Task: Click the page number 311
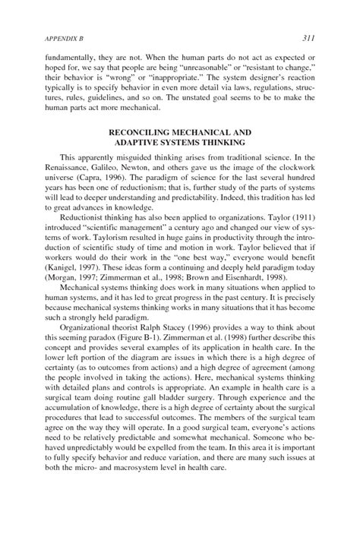pos(308,37)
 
